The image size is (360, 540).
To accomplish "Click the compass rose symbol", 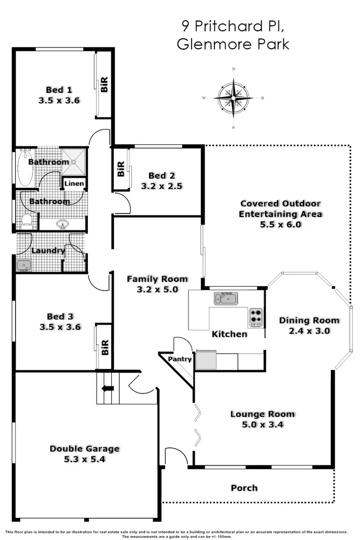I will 234,98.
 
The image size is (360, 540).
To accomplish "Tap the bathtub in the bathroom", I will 25,167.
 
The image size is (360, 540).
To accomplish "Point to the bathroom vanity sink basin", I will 62,224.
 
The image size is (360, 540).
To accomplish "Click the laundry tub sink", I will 24,265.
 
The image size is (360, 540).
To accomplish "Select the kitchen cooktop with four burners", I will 255,317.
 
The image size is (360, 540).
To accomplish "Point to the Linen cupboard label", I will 74,184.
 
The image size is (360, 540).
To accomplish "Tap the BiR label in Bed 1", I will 104,84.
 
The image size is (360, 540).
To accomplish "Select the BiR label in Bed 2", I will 120,170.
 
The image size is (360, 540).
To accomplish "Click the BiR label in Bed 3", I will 105,346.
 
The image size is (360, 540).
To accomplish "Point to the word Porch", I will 244,488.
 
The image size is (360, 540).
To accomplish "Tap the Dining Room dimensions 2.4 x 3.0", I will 309,330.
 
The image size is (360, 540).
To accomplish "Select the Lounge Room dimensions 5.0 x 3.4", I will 262,424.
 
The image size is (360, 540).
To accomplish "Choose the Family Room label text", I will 157,279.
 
